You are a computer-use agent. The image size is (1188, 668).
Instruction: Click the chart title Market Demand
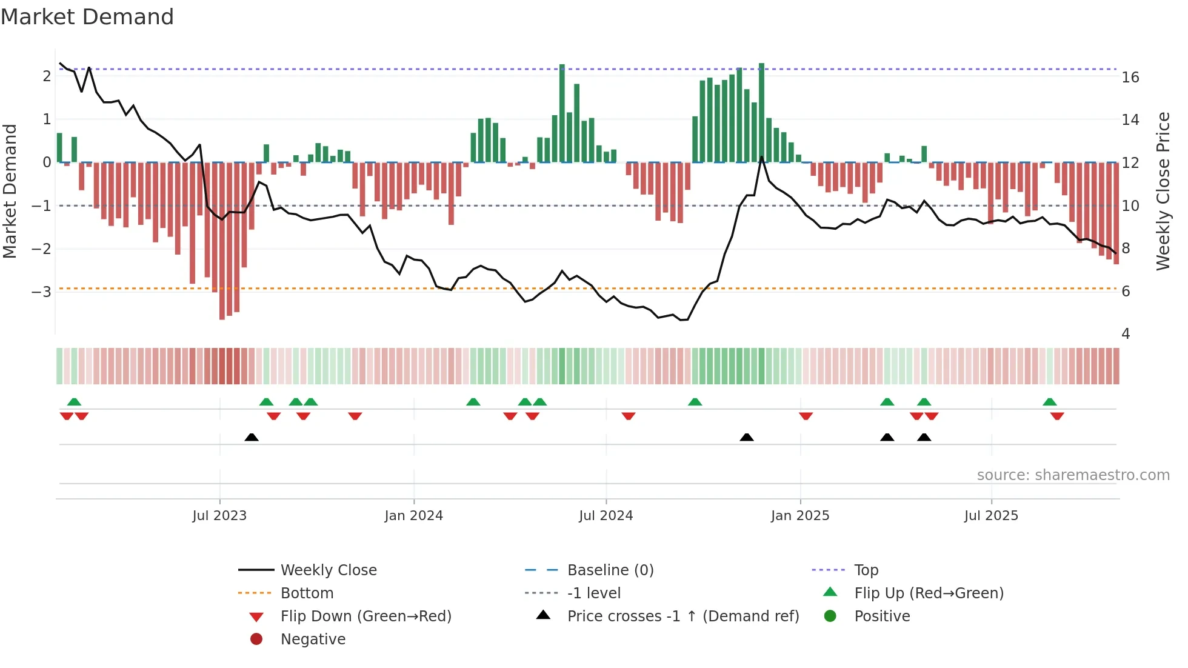(x=87, y=17)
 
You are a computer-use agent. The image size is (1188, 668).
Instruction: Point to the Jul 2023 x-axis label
(x=219, y=516)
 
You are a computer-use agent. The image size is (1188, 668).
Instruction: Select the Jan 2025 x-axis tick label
(x=800, y=516)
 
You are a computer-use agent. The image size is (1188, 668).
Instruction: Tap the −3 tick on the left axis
(x=42, y=292)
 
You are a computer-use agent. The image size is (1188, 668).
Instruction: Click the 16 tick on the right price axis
(x=1130, y=78)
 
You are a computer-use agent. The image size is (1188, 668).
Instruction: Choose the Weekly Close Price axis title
(x=1163, y=191)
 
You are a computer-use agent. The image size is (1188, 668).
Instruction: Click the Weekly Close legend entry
(x=328, y=570)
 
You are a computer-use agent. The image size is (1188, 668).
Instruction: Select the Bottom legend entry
(x=307, y=593)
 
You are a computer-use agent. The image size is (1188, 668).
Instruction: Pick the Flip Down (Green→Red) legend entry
(x=365, y=616)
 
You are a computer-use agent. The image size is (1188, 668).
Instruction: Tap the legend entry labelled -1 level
(x=593, y=593)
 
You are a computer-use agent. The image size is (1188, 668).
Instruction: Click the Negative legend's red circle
(x=256, y=639)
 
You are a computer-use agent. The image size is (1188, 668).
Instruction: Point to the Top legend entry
(x=866, y=570)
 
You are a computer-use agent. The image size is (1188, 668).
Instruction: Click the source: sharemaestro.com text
(x=1073, y=475)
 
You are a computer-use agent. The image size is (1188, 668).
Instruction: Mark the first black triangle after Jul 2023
(x=252, y=437)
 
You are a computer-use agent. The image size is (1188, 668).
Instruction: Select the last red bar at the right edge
(x=1116, y=212)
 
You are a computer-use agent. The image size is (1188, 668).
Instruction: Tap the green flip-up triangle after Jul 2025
(x=1050, y=402)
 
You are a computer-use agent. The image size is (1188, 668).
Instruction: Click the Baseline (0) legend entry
(x=610, y=570)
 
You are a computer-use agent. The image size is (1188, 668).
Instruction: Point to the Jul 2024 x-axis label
(x=606, y=516)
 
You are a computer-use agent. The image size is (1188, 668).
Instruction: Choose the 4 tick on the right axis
(x=1126, y=334)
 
